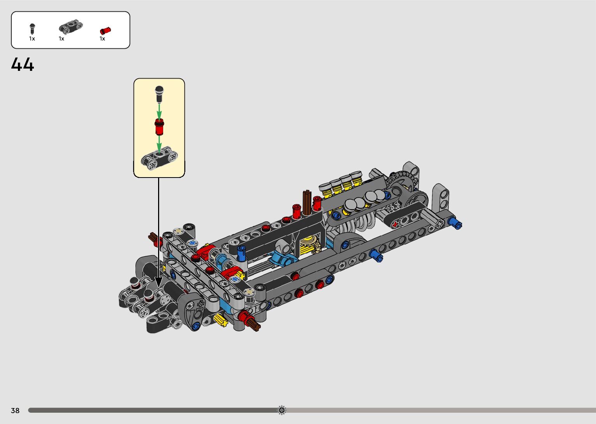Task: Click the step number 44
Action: point(23,64)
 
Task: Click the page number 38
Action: point(15,410)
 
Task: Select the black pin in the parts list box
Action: point(32,29)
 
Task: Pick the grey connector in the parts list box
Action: point(70,27)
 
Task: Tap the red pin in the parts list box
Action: point(105,31)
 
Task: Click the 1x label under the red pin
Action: point(102,39)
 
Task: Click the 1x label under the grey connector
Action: point(62,39)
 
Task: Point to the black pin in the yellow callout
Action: point(159,94)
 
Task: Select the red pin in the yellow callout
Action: point(159,127)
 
